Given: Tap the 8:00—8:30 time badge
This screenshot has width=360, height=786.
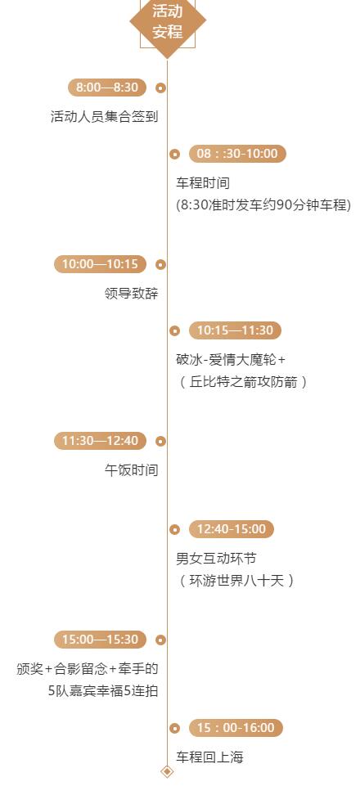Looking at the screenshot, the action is click(x=107, y=88).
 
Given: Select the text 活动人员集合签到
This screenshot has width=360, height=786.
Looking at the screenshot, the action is click(x=104, y=117).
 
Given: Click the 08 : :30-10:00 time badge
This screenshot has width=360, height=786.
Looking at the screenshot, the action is click(x=237, y=154).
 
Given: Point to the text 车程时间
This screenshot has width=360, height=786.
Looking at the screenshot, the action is click(x=203, y=183).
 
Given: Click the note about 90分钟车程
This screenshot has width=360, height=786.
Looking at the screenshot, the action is click(x=263, y=205).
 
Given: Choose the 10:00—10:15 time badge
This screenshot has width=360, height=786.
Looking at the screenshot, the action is click(x=101, y=264).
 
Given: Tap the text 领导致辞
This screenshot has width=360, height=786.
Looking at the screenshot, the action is click(x=132, y=294).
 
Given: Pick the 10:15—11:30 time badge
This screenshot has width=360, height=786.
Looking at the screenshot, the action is click(x=235, y=330).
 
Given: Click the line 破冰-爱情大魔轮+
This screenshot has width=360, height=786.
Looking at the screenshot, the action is click(x=231, y=359).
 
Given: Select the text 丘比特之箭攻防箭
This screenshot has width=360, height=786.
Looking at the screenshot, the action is click(x=243, y=382).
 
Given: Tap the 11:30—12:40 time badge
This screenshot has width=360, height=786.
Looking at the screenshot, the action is click(x=101, y=441).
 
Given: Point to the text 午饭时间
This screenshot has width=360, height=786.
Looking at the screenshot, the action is click(x=132, y=470).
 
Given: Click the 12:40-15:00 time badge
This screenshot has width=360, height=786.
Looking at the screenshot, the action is click(x=232, y=529).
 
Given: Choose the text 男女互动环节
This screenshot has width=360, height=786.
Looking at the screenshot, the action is click(x=216, y=558).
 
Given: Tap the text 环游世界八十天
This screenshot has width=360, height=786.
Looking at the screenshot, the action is click(x=236, y=581).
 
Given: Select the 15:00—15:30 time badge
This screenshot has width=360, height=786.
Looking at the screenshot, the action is click(x=101, y=640).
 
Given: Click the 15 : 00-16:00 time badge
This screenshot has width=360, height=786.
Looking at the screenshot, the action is click(x=236, y=728).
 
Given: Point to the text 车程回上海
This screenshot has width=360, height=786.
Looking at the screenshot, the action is click(x=209, y=757).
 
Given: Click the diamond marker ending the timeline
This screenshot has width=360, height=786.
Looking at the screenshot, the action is click(x=167, y=771).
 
